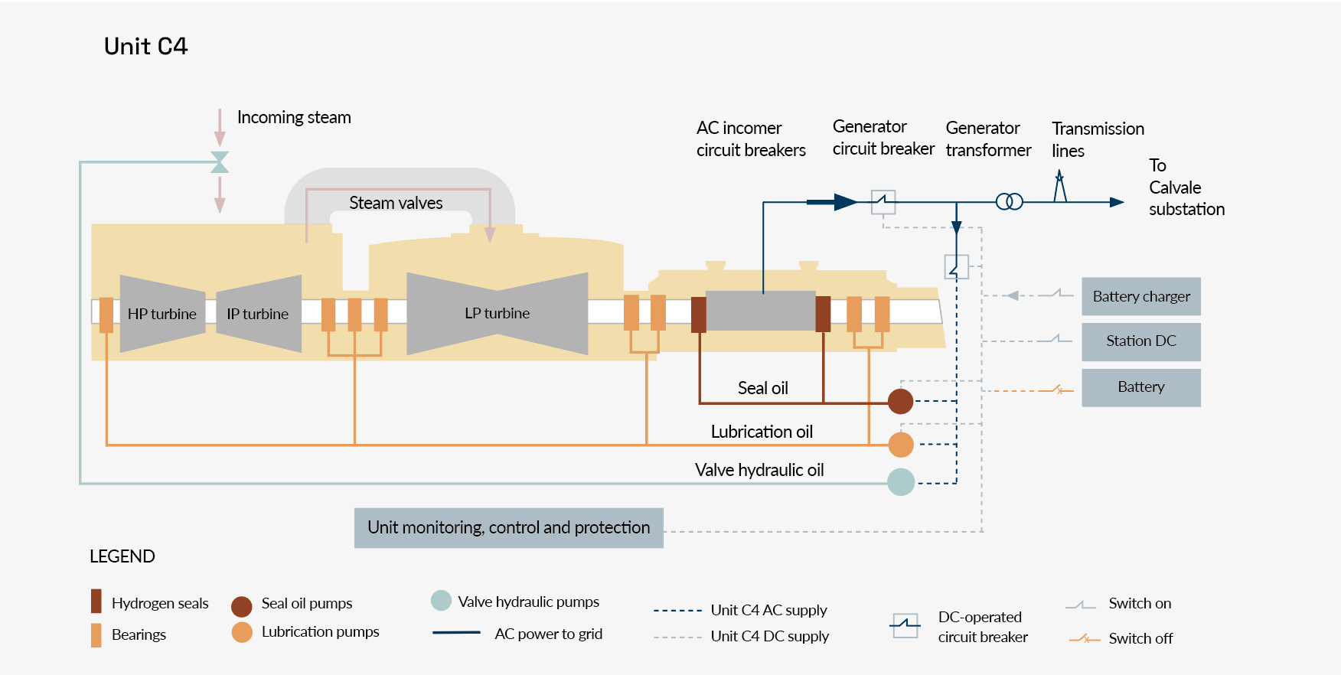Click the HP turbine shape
pos(162,314)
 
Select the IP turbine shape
pos(259,314)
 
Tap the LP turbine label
pos(497,313)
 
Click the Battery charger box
pos(1140,296)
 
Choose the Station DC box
pos(1140,341)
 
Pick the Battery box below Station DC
pos(1140,387)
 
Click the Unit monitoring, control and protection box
pos(508,528)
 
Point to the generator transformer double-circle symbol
pos(1009,202)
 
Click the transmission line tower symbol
pos(1060,187)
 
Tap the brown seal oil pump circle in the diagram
pos(900,401)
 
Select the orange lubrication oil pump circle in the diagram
pos(901,444)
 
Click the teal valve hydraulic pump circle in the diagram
pos(901,482)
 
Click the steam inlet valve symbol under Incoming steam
pos(220,162)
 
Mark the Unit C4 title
pos(145,47)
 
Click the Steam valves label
pos(396,203)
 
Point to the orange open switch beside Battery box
pos(1059,390)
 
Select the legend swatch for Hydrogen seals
pos(96,602)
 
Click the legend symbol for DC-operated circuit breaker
pos(905,625)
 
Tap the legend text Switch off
pos(1140,638)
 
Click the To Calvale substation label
pos(1186,187)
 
